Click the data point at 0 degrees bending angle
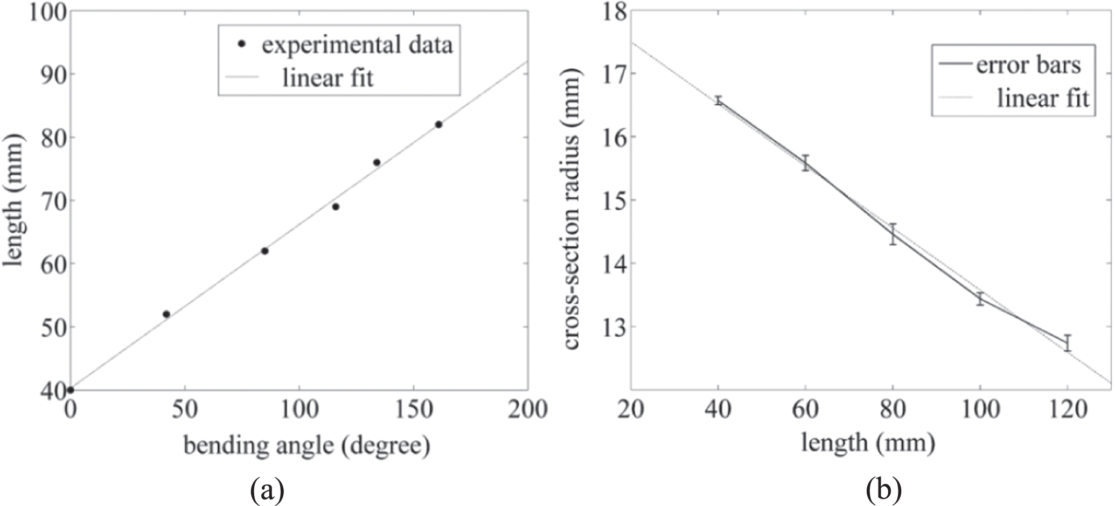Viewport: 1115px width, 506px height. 71,390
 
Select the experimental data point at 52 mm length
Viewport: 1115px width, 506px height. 166,314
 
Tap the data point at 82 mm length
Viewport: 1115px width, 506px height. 438,124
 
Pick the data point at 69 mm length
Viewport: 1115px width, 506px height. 336,207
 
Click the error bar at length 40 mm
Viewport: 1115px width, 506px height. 718,100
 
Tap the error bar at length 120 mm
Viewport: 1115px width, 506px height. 1067,343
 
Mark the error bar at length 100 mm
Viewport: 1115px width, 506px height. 980,299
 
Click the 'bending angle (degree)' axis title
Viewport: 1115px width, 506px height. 307,446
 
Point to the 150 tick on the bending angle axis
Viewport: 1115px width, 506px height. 413,410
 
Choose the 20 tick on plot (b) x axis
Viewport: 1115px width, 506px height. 631,410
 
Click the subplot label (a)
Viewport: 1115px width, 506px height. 267,490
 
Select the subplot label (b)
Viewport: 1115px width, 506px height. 883,490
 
